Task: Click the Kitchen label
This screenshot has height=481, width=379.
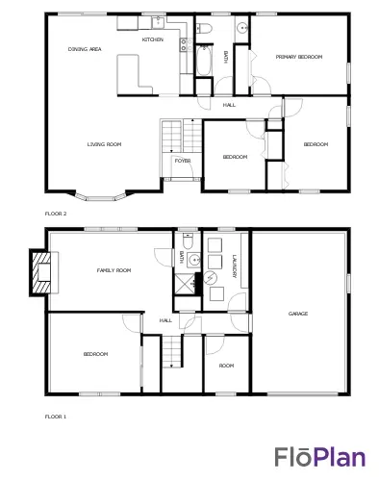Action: tap(153, 39)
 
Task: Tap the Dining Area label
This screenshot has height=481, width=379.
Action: tap(85, 49)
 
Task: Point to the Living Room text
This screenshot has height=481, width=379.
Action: tap(104, 144)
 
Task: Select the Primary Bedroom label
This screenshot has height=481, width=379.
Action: tap(299, 57)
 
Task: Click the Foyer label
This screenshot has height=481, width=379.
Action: tap(183, 161)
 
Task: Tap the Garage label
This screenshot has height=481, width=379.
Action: tap(298, 314)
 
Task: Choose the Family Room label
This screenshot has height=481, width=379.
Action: tap(114, 270)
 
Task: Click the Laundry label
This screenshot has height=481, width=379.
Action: tap(235, 266)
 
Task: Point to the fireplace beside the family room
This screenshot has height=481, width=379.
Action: tap(40, 272)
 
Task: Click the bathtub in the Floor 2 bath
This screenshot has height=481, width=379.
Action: tap(204, 61)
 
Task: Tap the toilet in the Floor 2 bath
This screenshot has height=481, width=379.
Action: tap(204, 28)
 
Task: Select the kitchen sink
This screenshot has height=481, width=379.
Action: tap(158, 22)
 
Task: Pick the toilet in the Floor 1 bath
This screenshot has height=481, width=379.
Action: tap(188, 242)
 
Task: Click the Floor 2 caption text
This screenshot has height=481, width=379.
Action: tap(56, 214)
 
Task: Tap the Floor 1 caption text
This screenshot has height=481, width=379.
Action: tap(56, 417)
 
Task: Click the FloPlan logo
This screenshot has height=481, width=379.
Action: tap(319, 457)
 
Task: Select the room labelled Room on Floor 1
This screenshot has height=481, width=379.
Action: tap(226, 364)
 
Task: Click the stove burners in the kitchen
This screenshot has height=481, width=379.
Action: tap(184, 44)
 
